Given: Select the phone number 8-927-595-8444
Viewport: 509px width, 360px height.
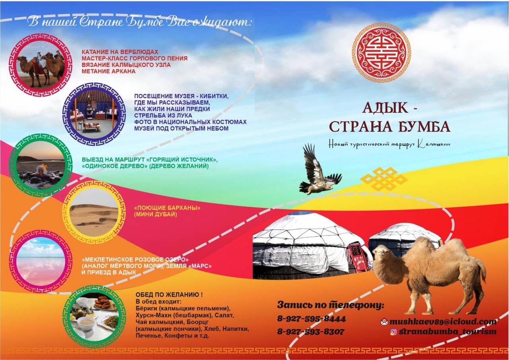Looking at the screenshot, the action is [x=311, y=319].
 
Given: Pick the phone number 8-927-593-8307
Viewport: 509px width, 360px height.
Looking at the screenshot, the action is [x=311, y=332].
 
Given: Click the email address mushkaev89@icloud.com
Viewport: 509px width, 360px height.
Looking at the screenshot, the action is [x=443, y=321].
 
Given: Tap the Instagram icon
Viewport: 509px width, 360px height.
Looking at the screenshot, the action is [x=394, y=332].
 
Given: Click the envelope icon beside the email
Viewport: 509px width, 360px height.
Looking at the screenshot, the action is [x=384, y=322].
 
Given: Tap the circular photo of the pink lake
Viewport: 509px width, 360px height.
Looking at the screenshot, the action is [x=39, y=261].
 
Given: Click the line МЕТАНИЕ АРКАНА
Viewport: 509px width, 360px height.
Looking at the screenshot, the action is [x=109, y=71].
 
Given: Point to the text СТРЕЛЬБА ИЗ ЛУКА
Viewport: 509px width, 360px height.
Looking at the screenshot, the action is [x=163, y=115].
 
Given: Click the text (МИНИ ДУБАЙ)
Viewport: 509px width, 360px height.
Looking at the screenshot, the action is [x=155, y=214].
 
